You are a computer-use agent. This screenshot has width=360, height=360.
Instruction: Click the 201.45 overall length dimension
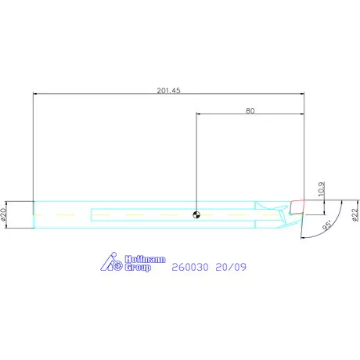(x=168, y=91)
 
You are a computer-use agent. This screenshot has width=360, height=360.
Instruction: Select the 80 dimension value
(x=250, y=111)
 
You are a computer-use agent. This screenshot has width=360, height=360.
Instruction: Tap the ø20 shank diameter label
(x=3, y=214)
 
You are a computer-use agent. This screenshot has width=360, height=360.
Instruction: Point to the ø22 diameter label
(x=355, y=215)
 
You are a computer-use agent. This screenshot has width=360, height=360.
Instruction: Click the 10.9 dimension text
(x=322, y=189)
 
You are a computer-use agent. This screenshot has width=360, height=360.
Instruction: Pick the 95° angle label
(x=327, y=225)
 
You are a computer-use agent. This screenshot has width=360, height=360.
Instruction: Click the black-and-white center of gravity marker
(x=196, y=215)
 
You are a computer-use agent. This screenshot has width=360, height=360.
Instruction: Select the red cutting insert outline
(x=297, y=207)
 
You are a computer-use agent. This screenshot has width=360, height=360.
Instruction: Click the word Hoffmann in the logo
(x=145, y=259)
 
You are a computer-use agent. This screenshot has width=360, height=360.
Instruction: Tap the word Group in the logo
(x=138, y=268)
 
